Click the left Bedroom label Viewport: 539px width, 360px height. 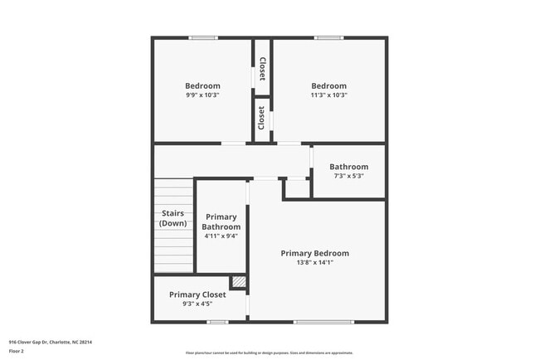click(202, 85)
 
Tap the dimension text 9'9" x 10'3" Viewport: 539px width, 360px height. click(202, 95)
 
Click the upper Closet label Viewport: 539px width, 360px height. click(262, 68)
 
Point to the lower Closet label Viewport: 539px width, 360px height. click(262, 118)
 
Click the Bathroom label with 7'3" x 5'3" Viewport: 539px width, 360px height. click(348, 167)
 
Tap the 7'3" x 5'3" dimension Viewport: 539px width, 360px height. click(348, 176)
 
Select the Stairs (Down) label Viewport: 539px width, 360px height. click(173, 218)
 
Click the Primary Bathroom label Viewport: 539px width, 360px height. click(222, 221)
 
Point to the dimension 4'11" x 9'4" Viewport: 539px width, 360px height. click(222, 236)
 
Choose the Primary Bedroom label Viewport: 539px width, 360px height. click(314, 253)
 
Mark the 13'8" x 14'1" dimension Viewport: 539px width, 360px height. click(314, 262)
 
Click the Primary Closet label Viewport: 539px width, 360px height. click(197, 294)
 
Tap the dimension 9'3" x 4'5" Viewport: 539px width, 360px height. click(197, 304)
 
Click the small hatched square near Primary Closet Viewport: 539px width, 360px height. click(239, 283)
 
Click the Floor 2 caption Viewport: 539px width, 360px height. click(17, 351)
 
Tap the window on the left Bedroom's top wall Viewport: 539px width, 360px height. click(203, 37)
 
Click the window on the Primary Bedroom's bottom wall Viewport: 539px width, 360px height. click(318, 322)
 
